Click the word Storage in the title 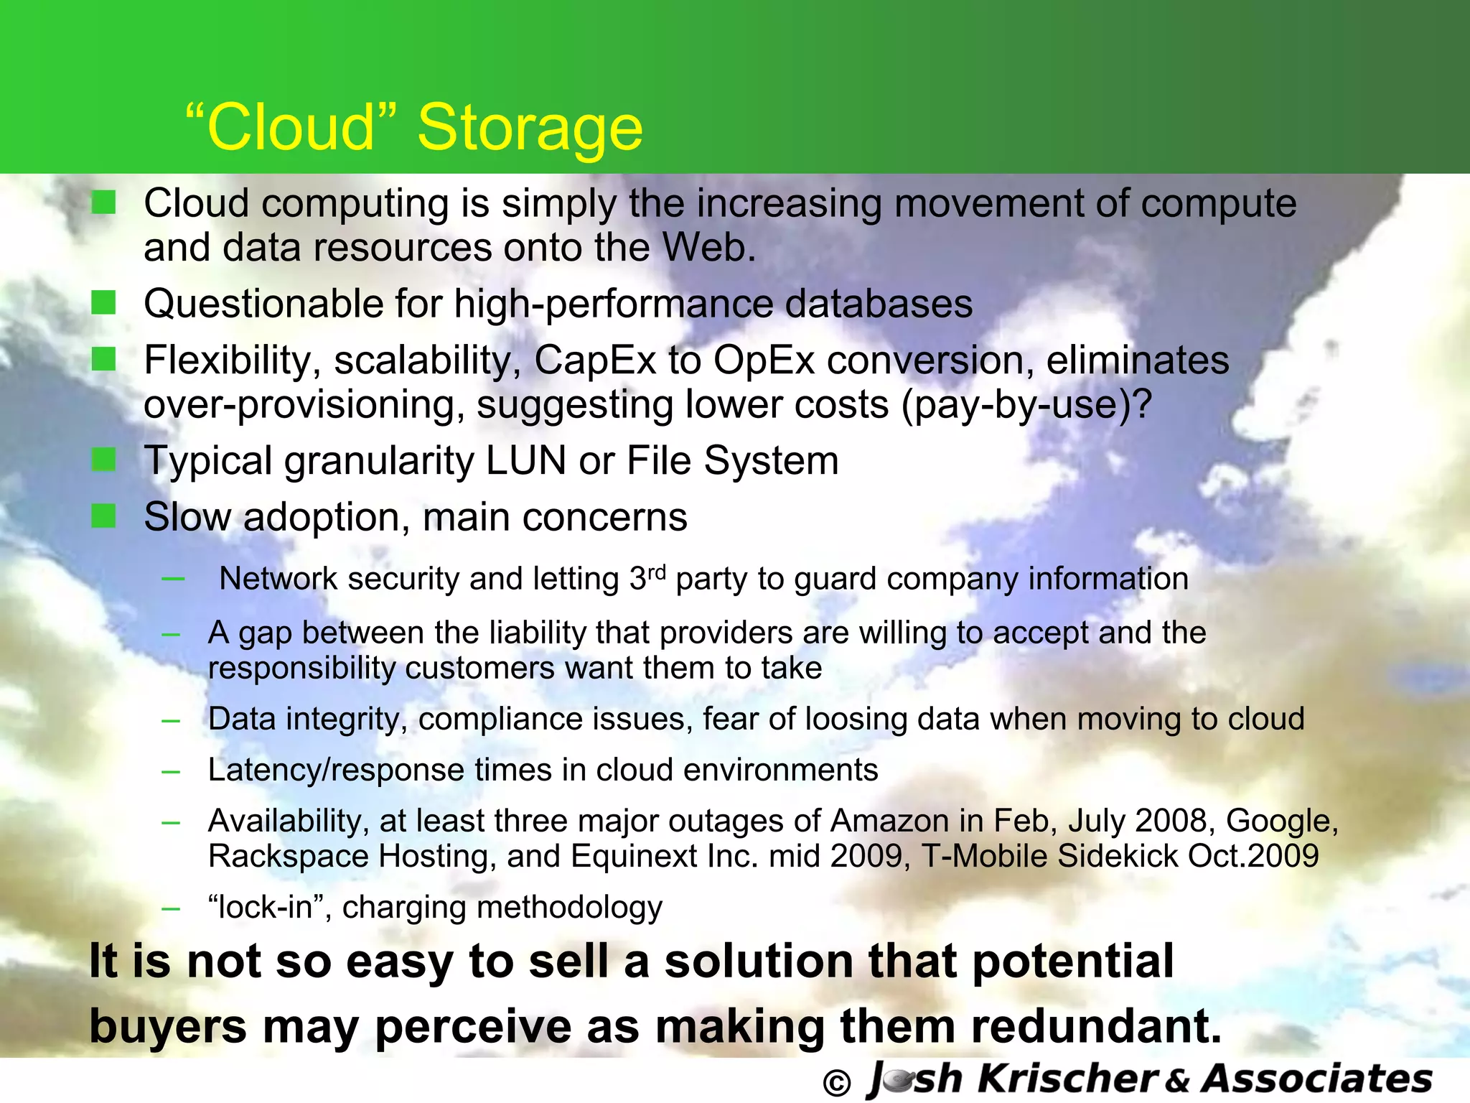(x=530, y=128)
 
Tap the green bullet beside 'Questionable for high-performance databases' (x=104, y=303)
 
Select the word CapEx (x=595, y=360)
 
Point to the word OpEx (x=764, y=360)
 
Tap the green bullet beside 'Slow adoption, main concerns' (x=104, y=516)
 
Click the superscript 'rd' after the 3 (x=657, y=572)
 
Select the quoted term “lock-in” (x=269, y=907)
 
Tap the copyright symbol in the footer (x=835, y=1083)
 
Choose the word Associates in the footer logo (x=1316, y=1079)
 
